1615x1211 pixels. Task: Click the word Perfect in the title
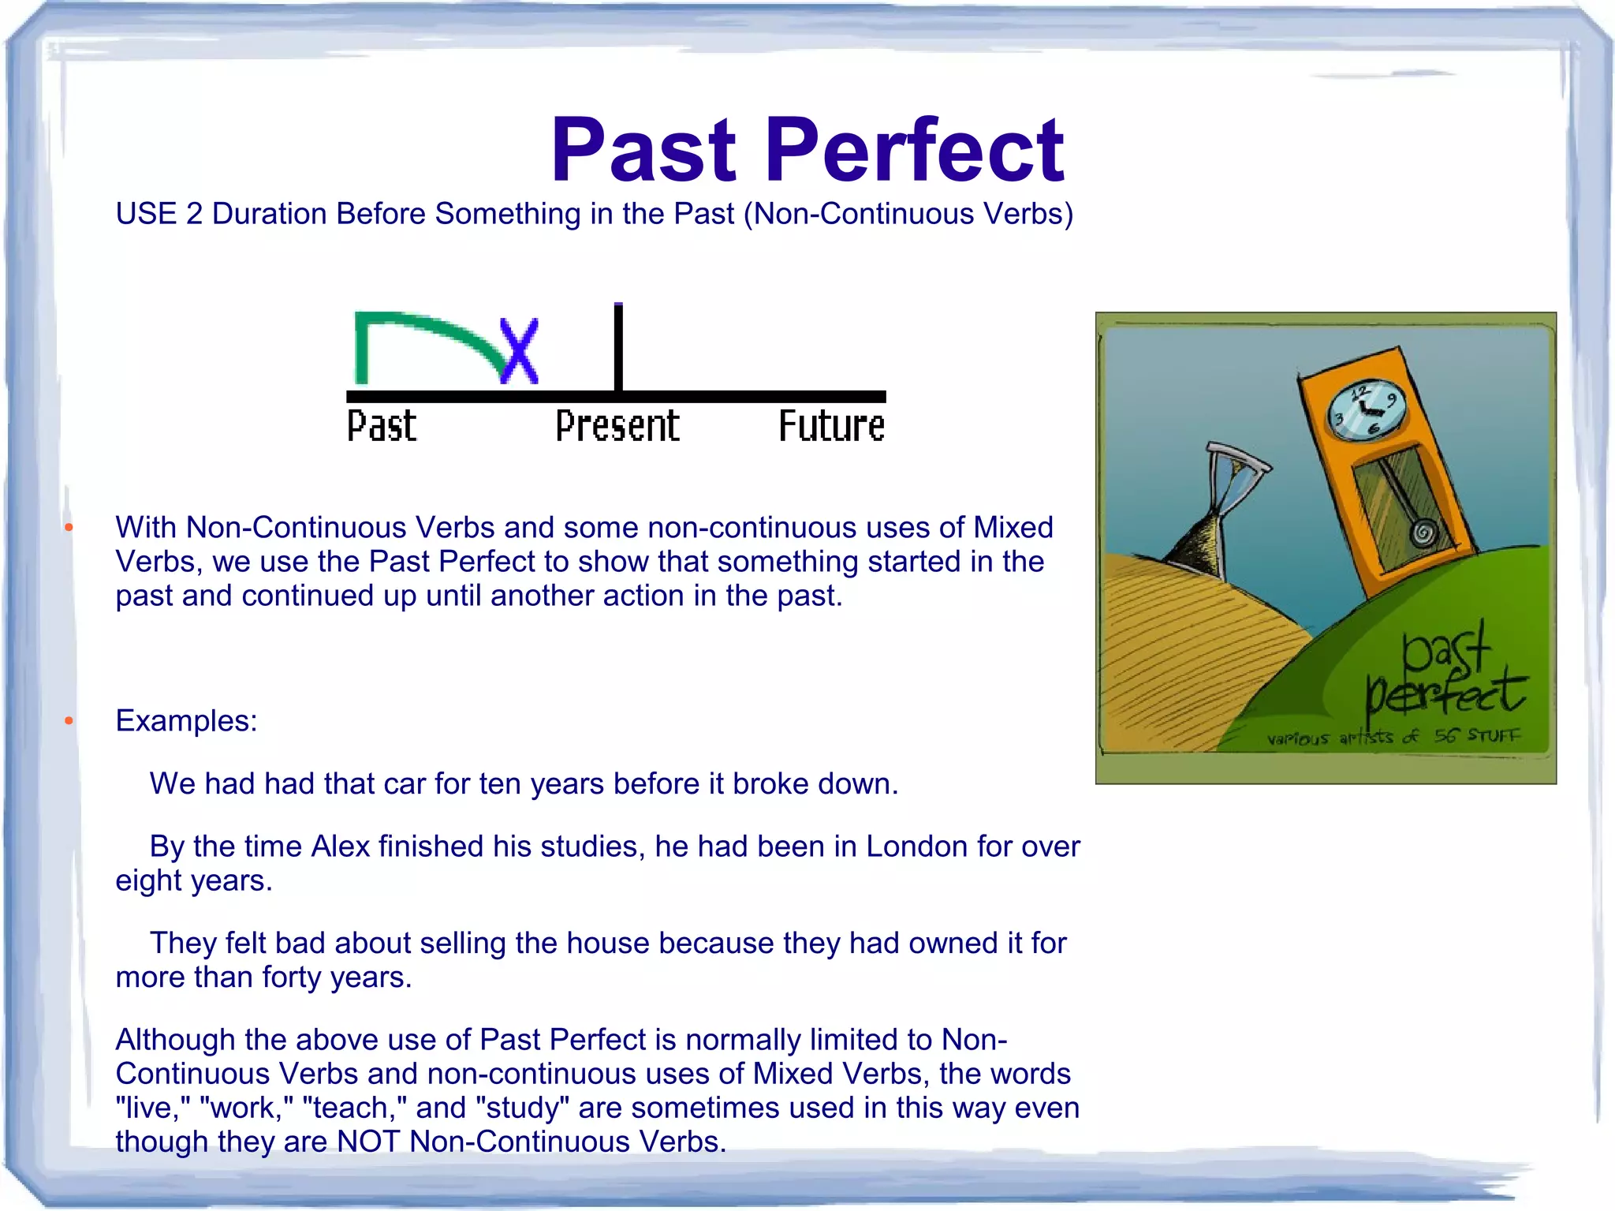click(x=915, y=150)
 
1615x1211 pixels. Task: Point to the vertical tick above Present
click(x=618, y=347)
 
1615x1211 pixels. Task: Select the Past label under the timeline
click(x=382, y=426)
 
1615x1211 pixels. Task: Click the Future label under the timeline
click(x=831, y=426)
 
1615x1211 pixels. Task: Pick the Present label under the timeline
click(x=617, y=426)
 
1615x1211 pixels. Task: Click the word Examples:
click(x=186, y=721)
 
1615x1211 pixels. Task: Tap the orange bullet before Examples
click(x=69, y=720)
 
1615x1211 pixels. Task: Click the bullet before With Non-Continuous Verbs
click(x=69, y=527)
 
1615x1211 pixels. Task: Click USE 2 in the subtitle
click(x=159, y=214)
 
